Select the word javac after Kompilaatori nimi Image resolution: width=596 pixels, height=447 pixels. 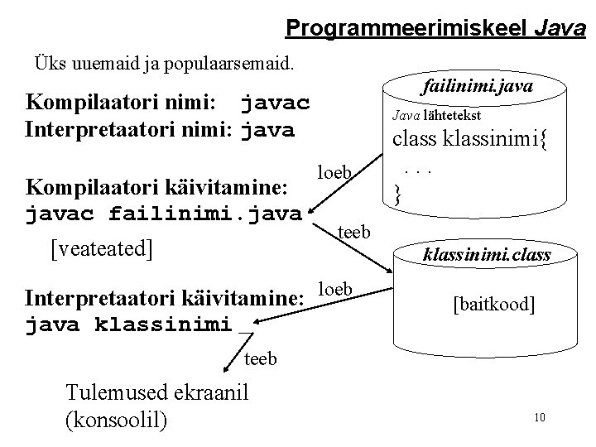tap(275, 104)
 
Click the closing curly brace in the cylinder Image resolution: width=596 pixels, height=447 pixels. tap(398, 195)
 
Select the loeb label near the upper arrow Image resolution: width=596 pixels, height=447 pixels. tap(336, 172)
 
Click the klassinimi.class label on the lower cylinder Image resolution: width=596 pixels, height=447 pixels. tap(487, 255)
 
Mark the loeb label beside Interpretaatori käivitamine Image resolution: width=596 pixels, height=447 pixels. tap(336, 289)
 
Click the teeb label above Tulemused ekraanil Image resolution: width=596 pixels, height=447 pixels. tap(261, 358)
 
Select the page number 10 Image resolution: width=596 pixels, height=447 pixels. tap(540, 416)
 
